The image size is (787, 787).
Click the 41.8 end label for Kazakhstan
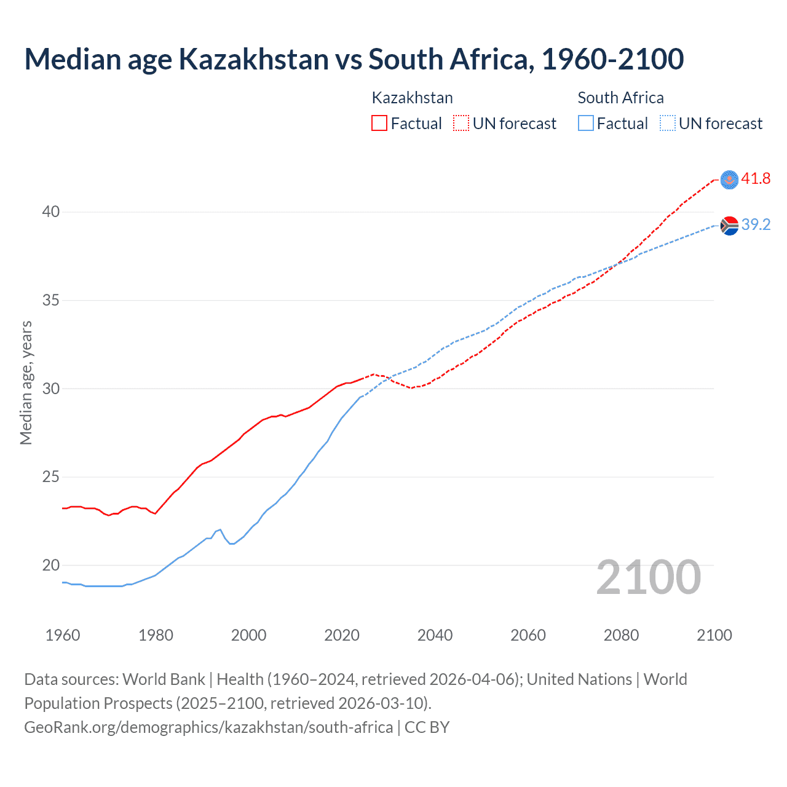point(756,179)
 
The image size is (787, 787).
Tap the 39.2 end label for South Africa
point(756,225)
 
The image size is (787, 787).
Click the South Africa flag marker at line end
point(729,226)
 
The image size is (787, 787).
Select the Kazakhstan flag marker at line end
point(729,180)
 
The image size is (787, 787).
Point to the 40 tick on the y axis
point(51,212)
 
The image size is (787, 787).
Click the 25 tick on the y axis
point(51,477)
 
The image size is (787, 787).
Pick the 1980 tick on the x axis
point(156,635)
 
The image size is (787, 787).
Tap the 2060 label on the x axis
point(528,635)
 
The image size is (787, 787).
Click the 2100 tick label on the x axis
point(714,635)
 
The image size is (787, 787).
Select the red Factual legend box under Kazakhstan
point(379,124)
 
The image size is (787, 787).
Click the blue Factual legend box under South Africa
point(585,124)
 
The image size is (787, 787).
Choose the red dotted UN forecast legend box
point(461,124)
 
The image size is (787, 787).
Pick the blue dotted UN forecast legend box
point(667,124)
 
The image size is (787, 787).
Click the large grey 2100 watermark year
point(648,577)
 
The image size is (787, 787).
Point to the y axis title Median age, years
point(26,382)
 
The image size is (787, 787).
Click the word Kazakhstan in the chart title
point(253,60)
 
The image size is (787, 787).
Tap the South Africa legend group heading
point(620,98)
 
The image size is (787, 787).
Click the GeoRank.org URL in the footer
point(208,727)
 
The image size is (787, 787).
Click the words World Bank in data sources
point(164,679)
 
